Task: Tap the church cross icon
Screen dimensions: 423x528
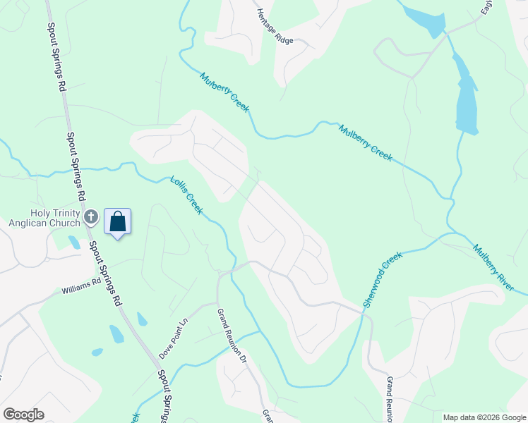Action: (x=90, y=217)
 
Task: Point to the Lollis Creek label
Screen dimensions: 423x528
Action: (x=186, y=195)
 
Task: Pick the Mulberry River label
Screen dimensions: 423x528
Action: (x=500, y=269)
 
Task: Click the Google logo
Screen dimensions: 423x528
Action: (x=23, y=414)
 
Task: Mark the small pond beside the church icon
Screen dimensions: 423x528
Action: (x=74, y=243)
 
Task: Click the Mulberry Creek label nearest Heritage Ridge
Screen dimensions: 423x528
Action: (x=224, y=92)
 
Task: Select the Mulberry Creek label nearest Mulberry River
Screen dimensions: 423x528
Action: (x=365, y=143)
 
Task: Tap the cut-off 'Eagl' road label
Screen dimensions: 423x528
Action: (x=487, y=7)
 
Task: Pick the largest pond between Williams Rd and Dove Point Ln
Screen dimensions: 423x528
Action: (x=116, y=333)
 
